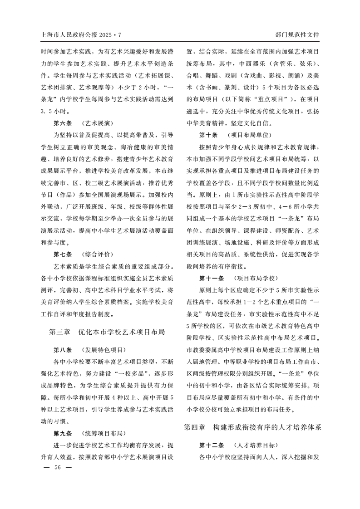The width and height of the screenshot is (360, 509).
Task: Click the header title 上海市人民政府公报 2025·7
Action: [82, 34]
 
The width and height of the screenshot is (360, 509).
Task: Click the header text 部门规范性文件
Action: [297, 34]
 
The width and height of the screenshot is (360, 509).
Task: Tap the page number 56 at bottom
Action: [57, 467]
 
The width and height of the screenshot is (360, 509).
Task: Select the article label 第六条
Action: [63, 123]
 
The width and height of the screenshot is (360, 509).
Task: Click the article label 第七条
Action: [63, 254]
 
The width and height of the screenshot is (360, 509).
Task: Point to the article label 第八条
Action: [63, 350]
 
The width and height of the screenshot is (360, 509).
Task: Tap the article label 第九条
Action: [63, 433]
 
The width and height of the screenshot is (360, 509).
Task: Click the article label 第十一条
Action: [212, 278]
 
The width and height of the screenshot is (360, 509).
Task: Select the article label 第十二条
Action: [212, 445]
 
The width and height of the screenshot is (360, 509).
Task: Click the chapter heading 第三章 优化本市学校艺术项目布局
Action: [107, 332]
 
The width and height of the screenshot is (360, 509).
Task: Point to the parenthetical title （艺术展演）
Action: [98, 123]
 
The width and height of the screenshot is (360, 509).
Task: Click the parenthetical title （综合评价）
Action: [98, 254]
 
